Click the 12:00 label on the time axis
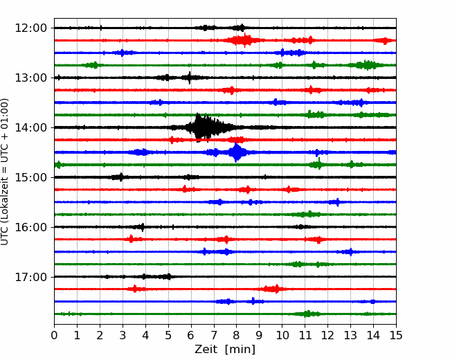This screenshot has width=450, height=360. [x=30, y=28]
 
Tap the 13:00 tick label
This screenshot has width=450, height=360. [x=30, y=78]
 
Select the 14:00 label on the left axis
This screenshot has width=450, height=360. [x=30, y=127]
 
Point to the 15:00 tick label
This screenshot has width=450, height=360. [x=30, y=177]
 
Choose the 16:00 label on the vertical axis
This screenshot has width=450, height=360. [x=30, y=227]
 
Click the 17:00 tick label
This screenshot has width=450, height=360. [x=30, y=277]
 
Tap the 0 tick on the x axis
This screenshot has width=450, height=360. [x=54, y=335]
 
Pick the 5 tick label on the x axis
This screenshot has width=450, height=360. [x=168, y=335]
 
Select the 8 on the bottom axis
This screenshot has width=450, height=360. [x=237, y=335]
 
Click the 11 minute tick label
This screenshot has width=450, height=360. [x=305, y=335]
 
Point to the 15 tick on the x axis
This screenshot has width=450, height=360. [x=396, y=335]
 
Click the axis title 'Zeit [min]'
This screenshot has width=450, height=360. [x=225, y=350]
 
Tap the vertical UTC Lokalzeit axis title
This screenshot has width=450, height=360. [x=5, y=172]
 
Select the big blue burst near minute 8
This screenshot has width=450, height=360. [x=236, y=152]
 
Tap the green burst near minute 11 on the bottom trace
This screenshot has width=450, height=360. [x=307, y=314]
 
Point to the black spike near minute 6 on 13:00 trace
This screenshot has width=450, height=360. [x=190, y=78]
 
